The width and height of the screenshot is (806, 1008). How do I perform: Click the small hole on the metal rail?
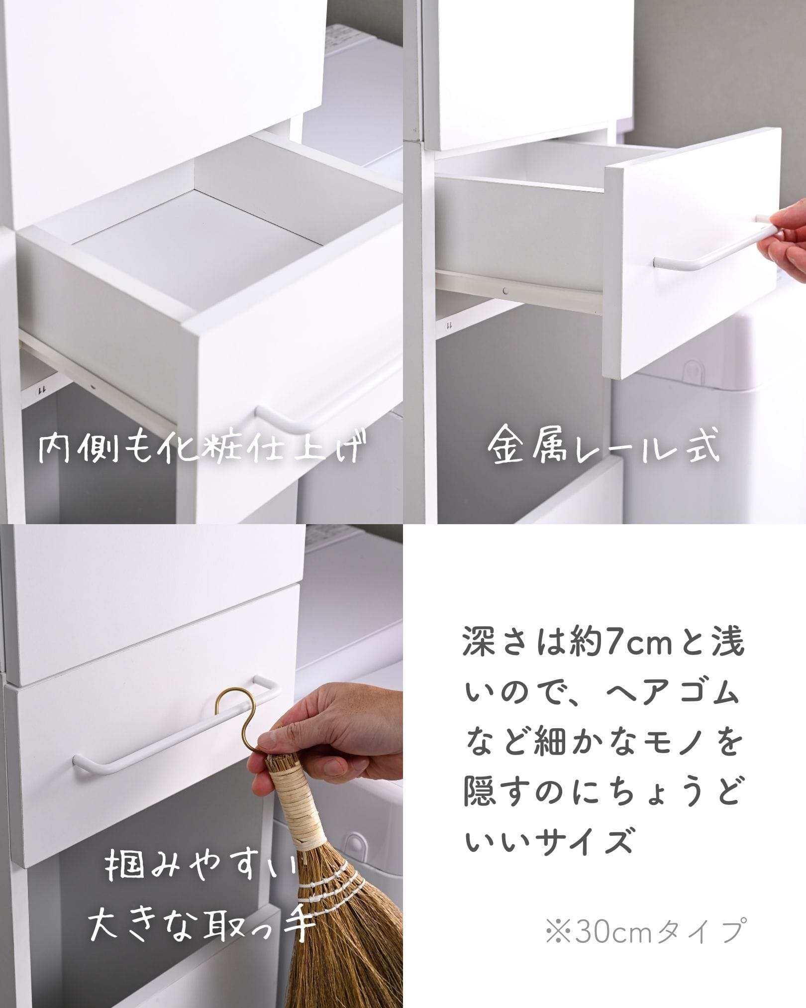(505, 289)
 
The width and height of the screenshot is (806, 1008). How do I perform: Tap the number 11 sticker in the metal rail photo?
(449, 327)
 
